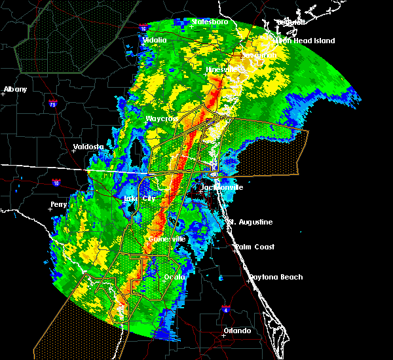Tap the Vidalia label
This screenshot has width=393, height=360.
(155, 40)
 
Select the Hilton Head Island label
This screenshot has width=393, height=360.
(305, 41)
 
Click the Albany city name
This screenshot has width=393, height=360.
(15, 89)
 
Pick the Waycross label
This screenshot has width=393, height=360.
(161, 118)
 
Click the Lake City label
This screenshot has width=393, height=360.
(140, 198)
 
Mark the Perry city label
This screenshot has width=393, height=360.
(58, 204)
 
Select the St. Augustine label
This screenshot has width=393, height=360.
(250, 222)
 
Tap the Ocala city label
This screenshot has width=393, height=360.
(175, 277)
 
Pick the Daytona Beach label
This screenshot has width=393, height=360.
(275, 277)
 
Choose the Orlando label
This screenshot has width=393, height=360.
(236, 331)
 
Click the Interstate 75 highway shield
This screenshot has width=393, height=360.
(53, 103)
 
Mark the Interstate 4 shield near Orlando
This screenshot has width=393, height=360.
(226, 308)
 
